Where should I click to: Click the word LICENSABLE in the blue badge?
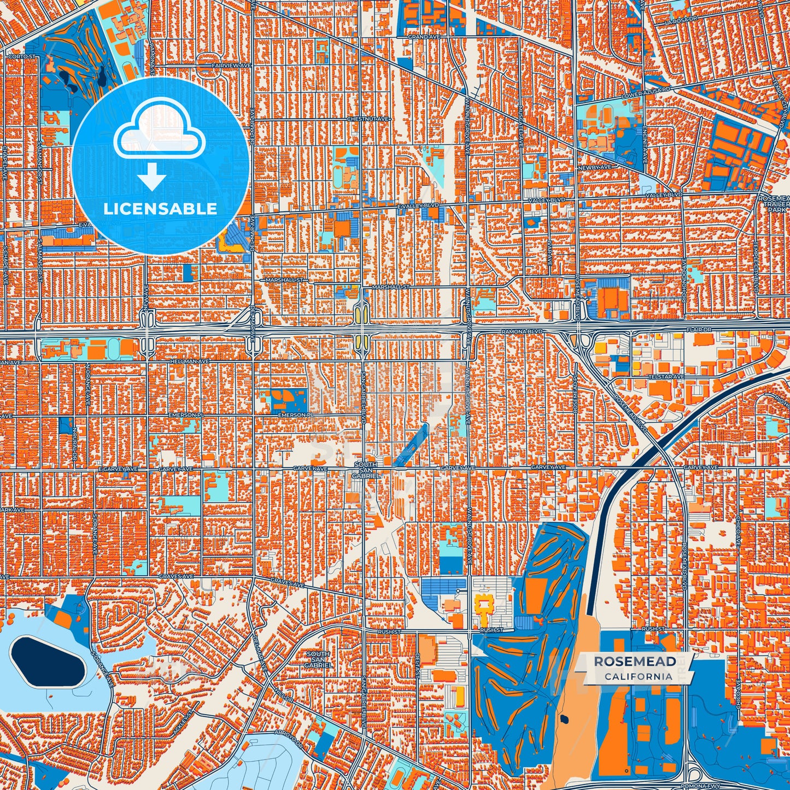(160, 209)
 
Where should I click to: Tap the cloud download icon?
(159, 143)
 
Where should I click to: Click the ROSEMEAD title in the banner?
(635, 662)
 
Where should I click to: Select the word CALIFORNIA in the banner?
(638, 676)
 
